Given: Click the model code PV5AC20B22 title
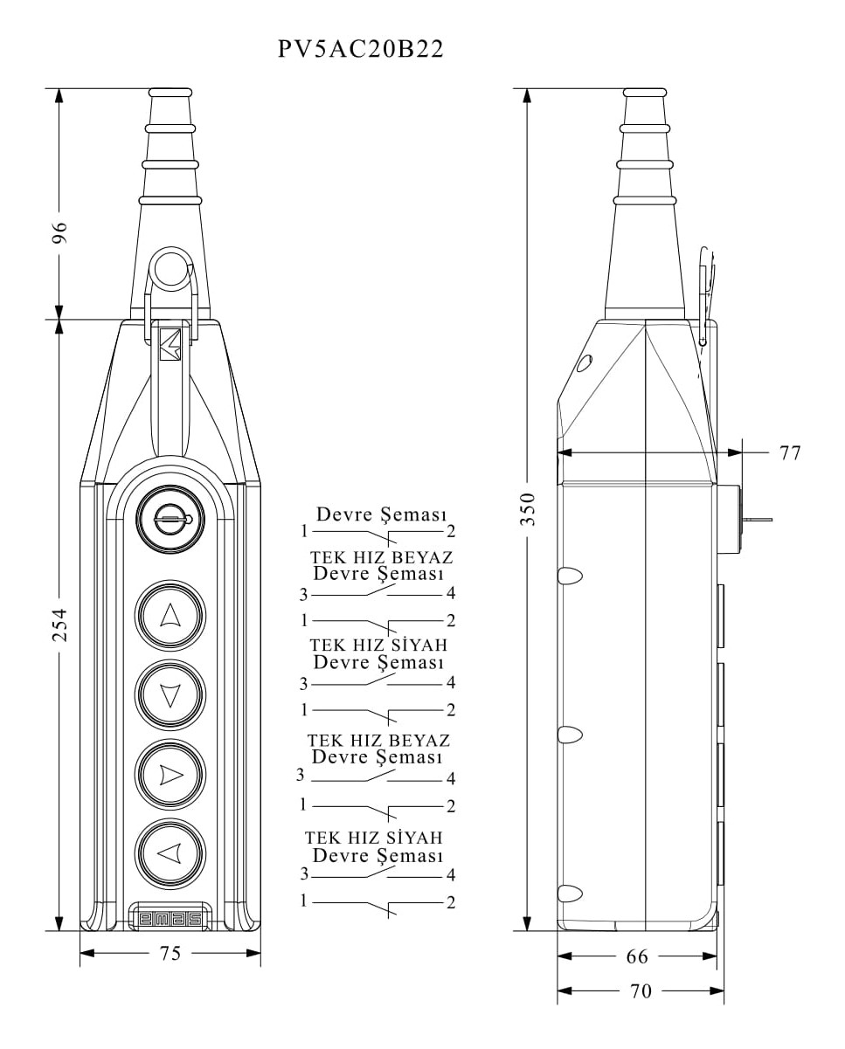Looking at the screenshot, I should coord(361,49).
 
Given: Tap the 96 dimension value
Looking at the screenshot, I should coord(59,234).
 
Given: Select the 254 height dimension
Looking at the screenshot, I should coord(59,625).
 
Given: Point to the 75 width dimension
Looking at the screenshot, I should coord(170,953).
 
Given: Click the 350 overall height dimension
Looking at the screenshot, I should coord(528,507).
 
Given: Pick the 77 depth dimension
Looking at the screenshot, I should coord(789,452).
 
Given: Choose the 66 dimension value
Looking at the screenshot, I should coord(637,956).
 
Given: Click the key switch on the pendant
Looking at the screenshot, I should coord(170,520).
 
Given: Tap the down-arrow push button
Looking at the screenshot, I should coord(170,694).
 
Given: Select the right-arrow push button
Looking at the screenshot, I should coord(170,774).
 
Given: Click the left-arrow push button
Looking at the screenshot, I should coord(170,852).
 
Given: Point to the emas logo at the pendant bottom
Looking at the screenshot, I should coord(170,919).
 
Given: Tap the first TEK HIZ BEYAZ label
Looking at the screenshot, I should coord(381,556).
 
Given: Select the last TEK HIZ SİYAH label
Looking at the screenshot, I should coord(373,838).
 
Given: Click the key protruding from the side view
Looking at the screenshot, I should coord(757,520).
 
